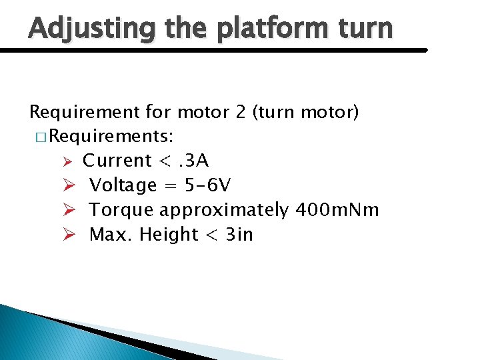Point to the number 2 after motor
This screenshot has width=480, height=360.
click(x=240, y=112)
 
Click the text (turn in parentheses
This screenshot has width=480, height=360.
click(x=277, y=112)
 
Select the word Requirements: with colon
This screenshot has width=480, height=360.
click(x=112, y=137)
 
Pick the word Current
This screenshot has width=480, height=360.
click(x=117, y=161)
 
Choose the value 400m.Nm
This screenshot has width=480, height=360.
click(x=337, y=210)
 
